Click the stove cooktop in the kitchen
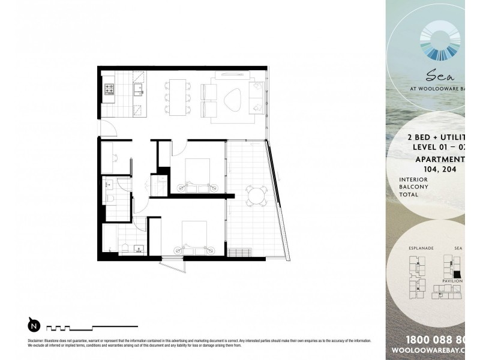[x=110, y=90]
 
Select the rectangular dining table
[x=178, y=97]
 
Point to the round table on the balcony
[x=257, y=196]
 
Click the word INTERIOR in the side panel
[x=412, y=179]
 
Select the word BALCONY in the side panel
[x=412, y=187]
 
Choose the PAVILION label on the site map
[x=452, y=280]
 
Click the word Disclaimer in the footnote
[x=38, y=340]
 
